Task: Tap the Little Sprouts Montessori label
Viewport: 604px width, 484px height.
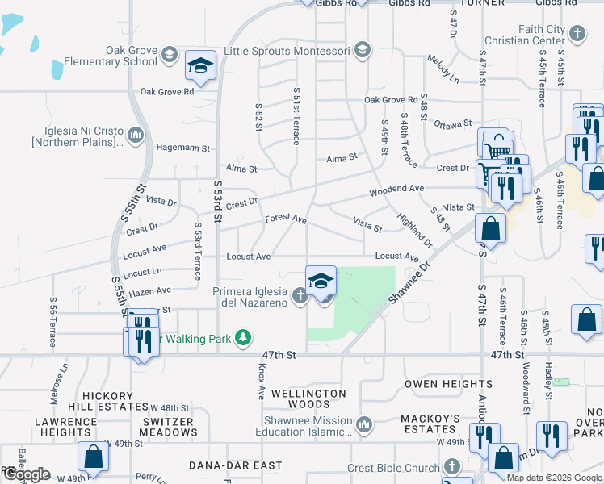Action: click(287, 50)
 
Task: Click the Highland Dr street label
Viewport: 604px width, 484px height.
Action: click(414, 231)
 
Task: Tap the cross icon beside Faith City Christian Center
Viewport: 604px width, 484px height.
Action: click(577, 34)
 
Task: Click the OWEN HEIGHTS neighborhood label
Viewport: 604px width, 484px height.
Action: click(437, 383)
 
